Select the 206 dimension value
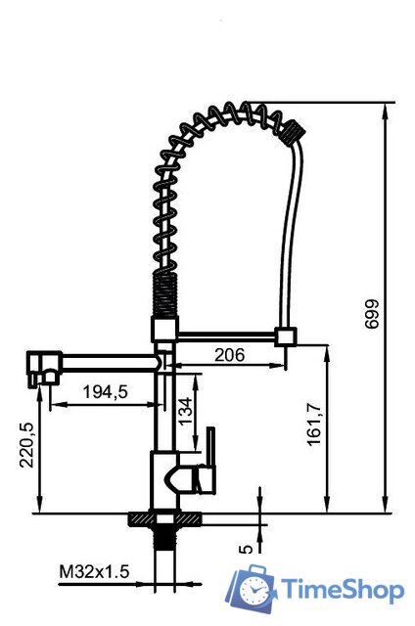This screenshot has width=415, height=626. point(229,354)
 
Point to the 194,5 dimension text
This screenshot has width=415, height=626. point(106,392)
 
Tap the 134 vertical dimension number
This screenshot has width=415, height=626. point(185,412)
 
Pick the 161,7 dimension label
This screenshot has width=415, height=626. point(314,424)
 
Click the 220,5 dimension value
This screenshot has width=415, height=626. point(27,445)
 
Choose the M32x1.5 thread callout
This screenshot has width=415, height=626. point(94,571)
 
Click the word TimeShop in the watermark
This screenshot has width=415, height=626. point(343,590)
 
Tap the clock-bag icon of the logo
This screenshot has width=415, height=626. point(252,588)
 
